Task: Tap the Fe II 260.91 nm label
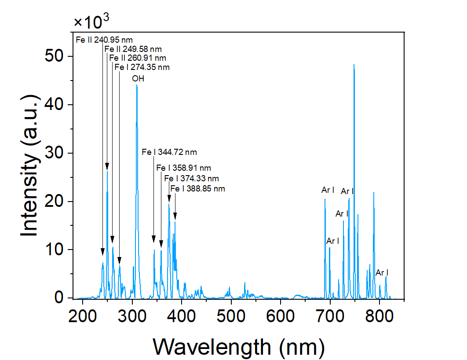(137, 58)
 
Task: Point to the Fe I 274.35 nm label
(142, 67)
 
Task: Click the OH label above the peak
(138, 79)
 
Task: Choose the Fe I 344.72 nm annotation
(169, 152)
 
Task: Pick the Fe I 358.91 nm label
(183, 168)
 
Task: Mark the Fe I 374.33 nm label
(191, 178)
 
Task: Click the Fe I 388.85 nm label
(197, 188)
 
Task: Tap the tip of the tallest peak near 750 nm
(354, 64)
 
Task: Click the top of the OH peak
(137, 85)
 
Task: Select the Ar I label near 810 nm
(382, 273)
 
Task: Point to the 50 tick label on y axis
(56, 56)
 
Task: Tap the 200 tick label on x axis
(83, 315)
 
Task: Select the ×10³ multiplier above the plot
(91, 21)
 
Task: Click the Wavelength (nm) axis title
(239, 347)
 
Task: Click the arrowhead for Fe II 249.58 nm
(107, 166)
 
